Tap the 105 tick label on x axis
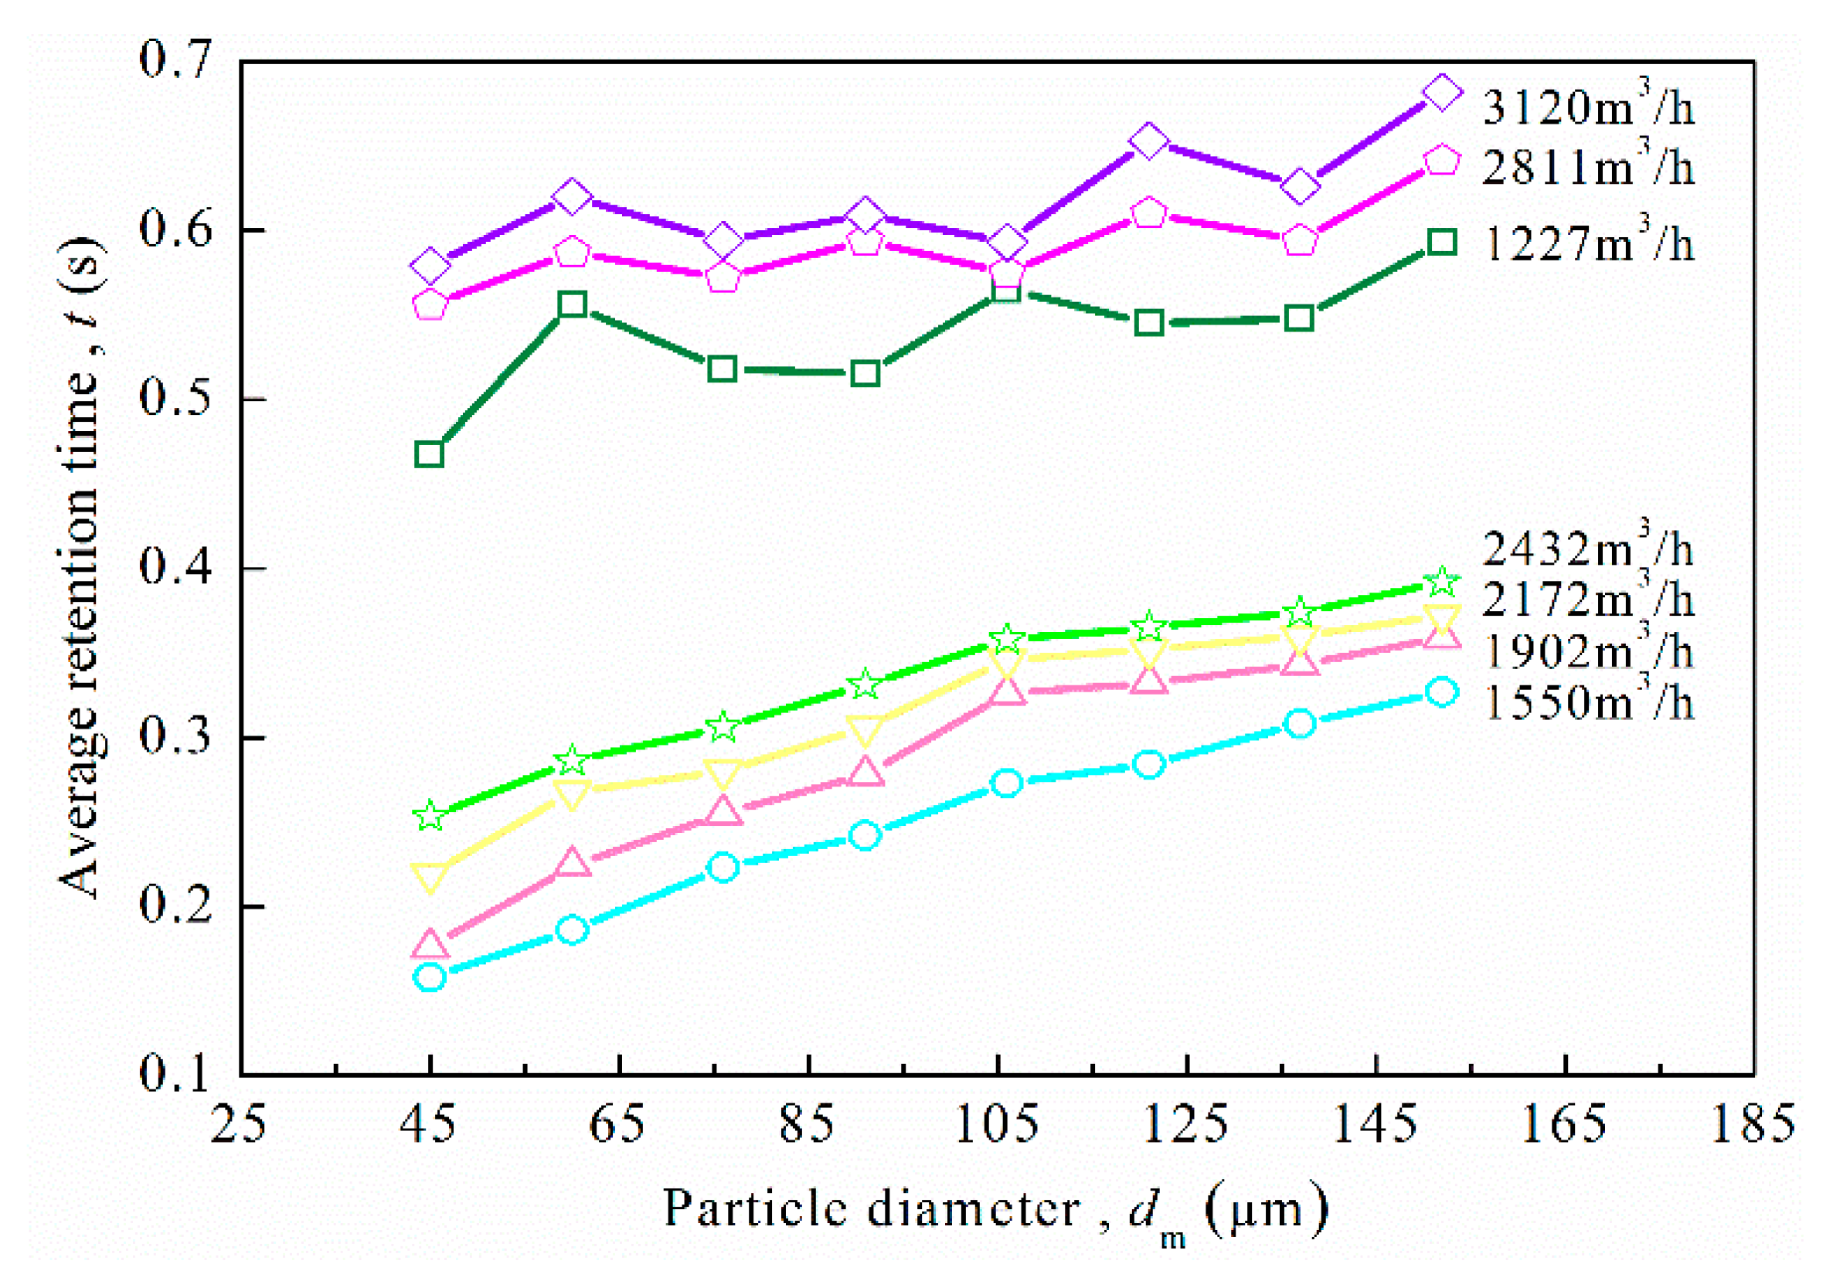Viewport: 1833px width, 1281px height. tap(998, 1123)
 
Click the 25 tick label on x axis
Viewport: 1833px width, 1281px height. tap(238, 1123)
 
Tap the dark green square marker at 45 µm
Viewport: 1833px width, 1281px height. tap(430, 454)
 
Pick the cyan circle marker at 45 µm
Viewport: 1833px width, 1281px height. tap(430, 977)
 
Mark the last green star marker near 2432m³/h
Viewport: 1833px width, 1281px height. tap(1442, 582)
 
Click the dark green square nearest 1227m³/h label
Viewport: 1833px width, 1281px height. tap(1442, 242)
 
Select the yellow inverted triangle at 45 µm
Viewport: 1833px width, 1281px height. tap(430, 876)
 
